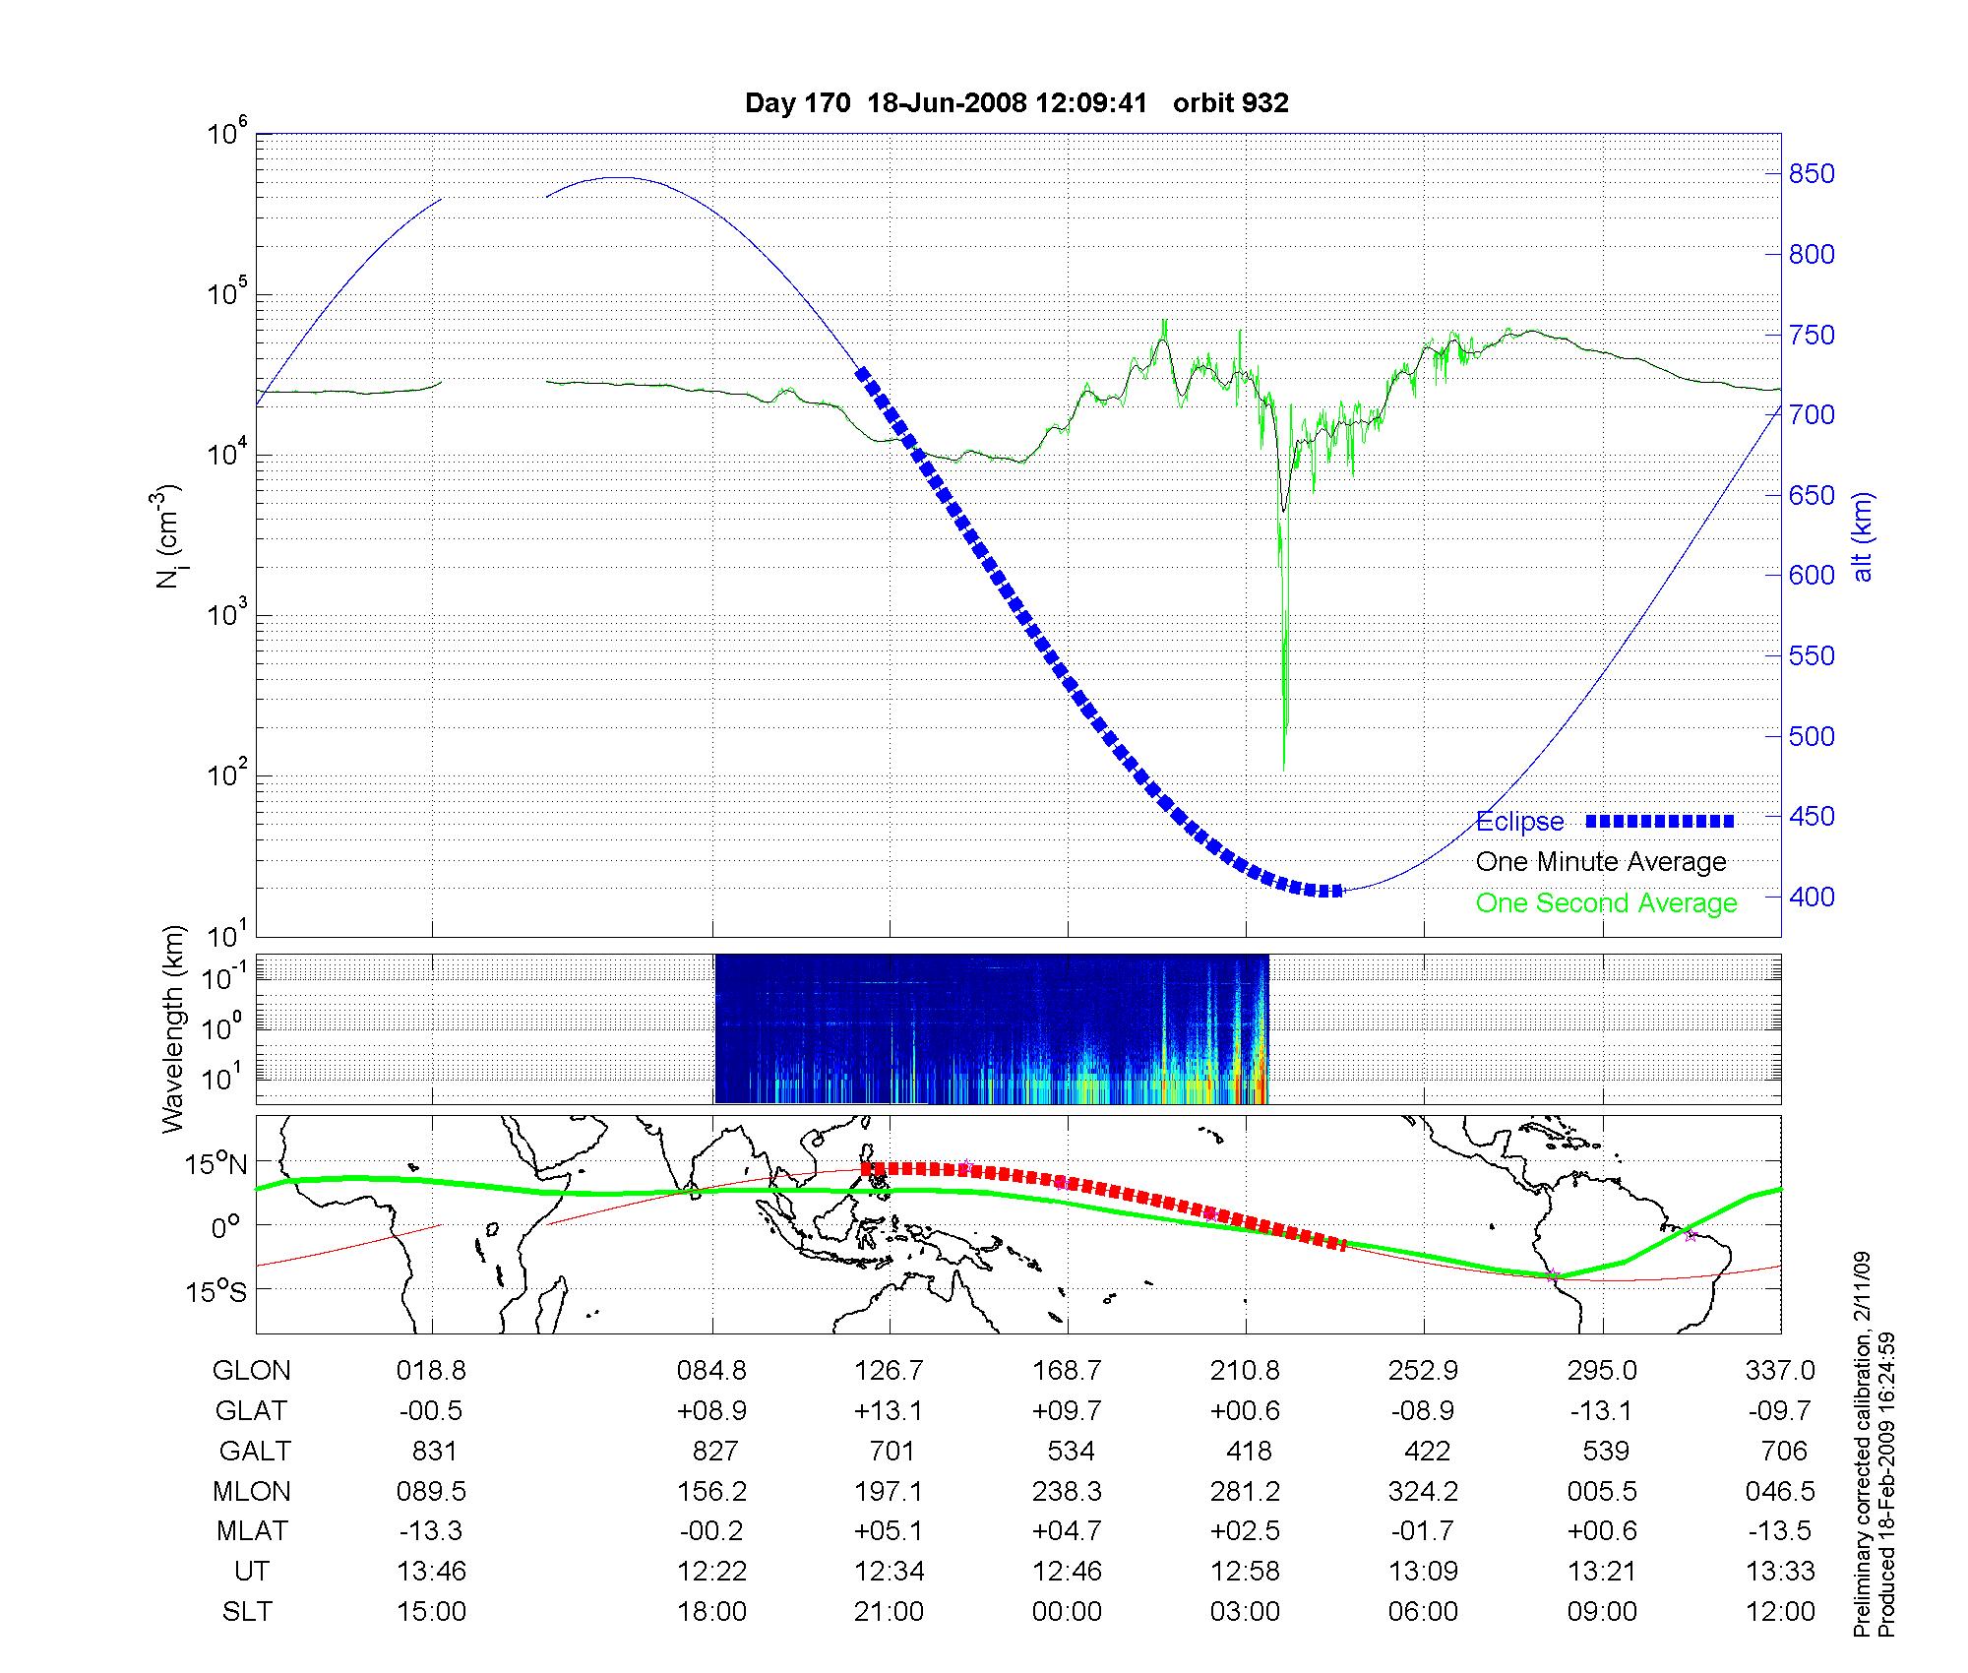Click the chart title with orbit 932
pos(1016,103)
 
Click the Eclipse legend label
pos(1519,822)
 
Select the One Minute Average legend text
pos(1601,862)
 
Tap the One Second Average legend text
pos(1606,903)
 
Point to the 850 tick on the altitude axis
pos(1812,174)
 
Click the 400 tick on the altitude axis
pos(1812,897)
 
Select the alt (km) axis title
pos(1864,536)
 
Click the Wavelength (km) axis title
pos(174,1028)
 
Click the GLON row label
pos(252,1371)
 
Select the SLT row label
pos(248,1612)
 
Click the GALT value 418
pos(1249,1452)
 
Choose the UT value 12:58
pos(1246,1572)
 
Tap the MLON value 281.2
pos(1246,1492)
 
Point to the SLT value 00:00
pos(1068,1612)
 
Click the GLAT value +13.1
pos(889,1411)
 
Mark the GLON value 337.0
pos(1780,1371)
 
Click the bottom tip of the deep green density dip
pos(1284,769)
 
